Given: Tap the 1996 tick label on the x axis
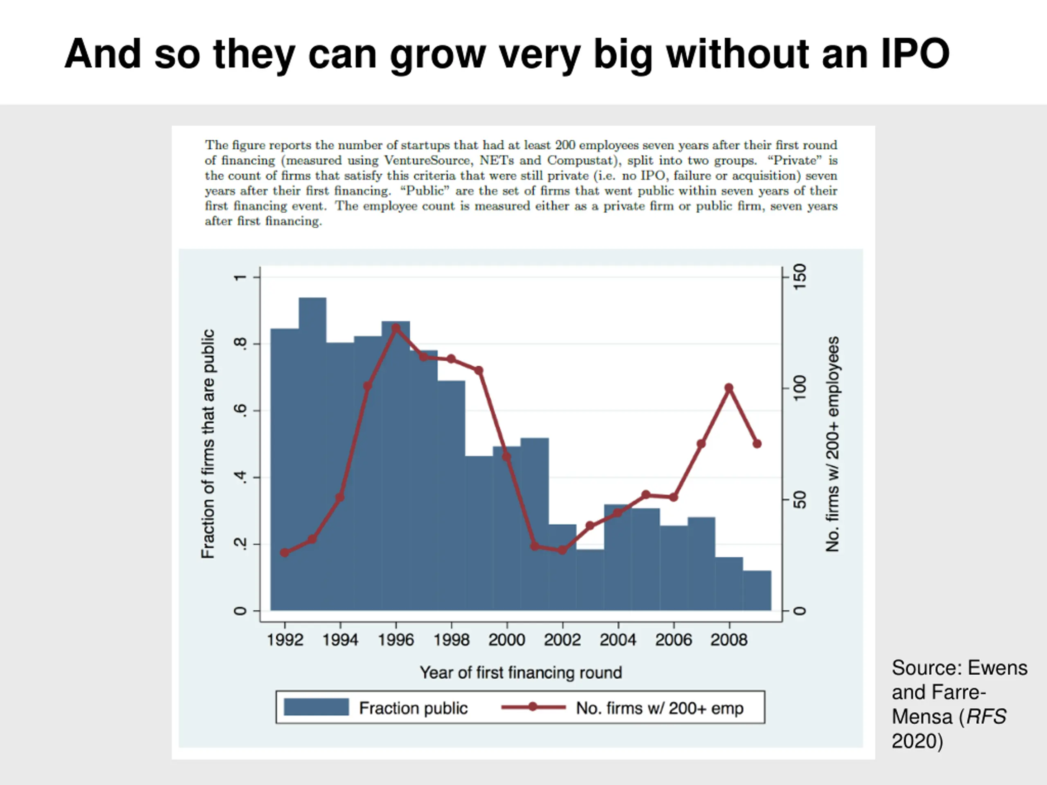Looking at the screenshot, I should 396,640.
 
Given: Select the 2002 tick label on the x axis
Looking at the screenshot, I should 562,640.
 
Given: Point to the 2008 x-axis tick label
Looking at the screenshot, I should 729,640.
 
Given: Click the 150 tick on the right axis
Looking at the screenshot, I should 800,277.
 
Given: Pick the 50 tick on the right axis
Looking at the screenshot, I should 800,500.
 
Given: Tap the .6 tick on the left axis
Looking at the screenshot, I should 241,410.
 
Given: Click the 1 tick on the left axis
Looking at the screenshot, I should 241,277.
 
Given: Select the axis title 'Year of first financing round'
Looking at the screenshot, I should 521,673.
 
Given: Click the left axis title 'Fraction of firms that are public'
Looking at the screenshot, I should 208,444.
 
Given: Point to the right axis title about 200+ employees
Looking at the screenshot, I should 832,444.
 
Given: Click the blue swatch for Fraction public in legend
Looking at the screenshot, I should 316,707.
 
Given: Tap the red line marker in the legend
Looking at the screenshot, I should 533,707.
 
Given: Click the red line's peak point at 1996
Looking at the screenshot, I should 396,328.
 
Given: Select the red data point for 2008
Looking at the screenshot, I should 729,388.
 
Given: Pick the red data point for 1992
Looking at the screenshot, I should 285,552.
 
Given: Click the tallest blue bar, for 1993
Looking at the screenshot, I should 312,449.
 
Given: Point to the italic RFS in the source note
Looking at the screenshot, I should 986,717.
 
